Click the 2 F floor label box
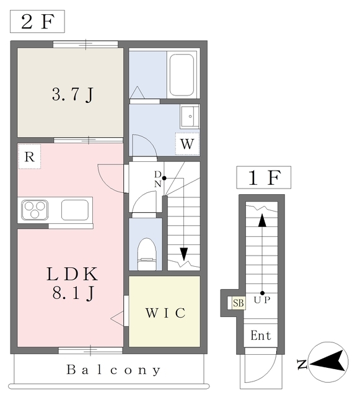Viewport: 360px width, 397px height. tap(37, 22)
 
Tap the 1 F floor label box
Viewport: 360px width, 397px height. tap(263, 177)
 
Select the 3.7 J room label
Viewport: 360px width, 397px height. tap(73, 95)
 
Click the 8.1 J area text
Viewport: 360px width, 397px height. tap(73, 293)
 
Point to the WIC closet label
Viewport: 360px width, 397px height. tap(165, 313)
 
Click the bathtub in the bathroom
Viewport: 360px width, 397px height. tap(182, 75)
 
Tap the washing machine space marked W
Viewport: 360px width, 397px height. tap(188, 143)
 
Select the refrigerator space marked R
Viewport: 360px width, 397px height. tap(29, 157)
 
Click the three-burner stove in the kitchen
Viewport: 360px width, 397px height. tap(35, 210)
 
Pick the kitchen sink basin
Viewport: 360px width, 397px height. tap(75, 210)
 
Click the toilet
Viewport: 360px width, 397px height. tap(147, 254)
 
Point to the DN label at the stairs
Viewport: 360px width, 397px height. tap(158, 179)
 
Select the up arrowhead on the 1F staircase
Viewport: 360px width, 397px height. tap(262, 220)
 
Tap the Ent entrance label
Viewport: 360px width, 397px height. tap(261, 336)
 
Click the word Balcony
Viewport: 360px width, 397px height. tap(113, 370)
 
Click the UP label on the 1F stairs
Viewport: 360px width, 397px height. tap(262, 300)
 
